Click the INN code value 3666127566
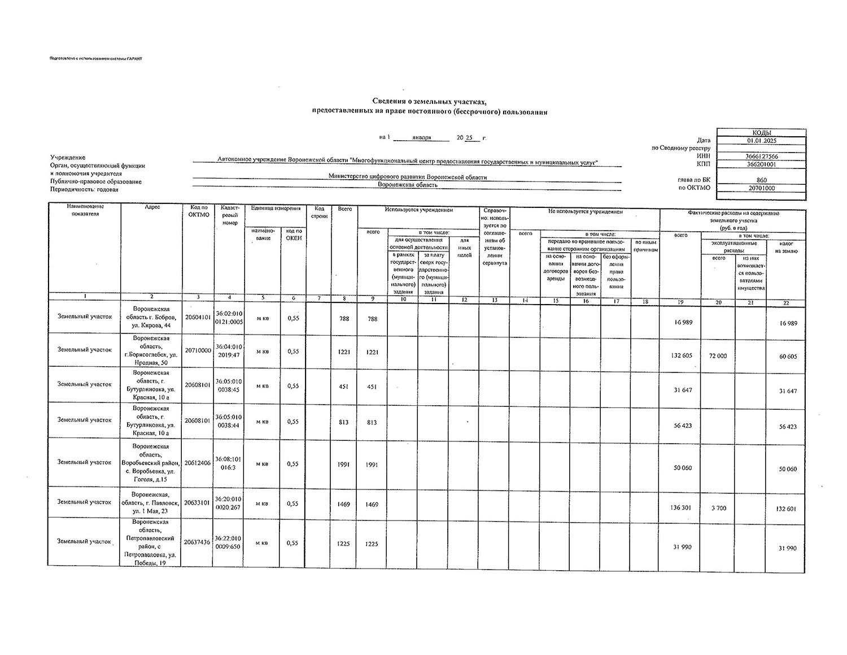point(761,157)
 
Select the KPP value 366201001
point(761,164)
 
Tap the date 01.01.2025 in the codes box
point(761,141)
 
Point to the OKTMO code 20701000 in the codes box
point(761,188)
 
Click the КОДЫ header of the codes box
point(761,132)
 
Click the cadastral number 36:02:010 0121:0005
point(229,318)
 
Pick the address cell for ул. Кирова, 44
point(151,318)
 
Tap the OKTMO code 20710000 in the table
point(198,350)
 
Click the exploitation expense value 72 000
point(718,356)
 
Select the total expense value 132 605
point(682,355)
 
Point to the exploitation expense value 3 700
point(718,508)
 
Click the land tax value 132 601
point(787,509)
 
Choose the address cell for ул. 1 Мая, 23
point(151,502)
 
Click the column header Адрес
point(152,207)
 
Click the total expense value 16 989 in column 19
point(683,322)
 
